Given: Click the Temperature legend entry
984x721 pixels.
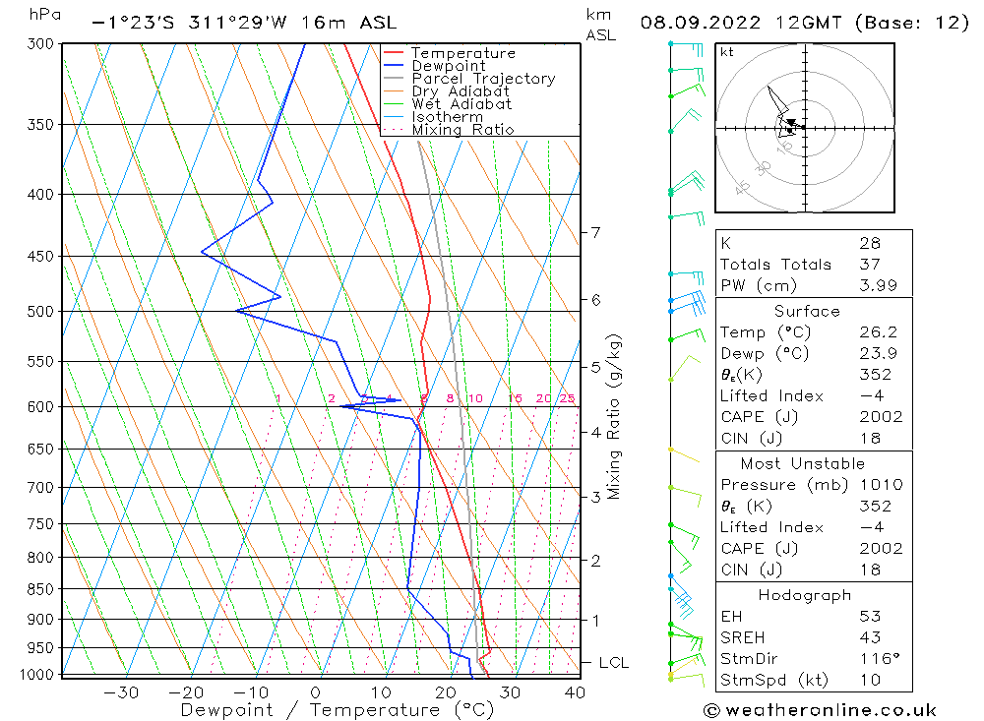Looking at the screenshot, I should (462, 53).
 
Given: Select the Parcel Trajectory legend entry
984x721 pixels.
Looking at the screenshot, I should (483, 79).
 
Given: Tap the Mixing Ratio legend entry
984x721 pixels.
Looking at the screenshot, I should (462, 130).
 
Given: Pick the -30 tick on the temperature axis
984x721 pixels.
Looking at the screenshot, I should (120, 692).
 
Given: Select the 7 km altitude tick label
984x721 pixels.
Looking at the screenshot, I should (595, 232).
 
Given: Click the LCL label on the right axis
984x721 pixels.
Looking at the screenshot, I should (613, 663).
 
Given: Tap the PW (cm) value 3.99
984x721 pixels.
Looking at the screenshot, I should (877, 285).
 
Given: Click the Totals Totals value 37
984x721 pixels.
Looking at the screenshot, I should (869, 265).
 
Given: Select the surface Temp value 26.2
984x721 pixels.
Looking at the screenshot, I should (877, 332).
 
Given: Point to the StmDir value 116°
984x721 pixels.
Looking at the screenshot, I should (877, 659).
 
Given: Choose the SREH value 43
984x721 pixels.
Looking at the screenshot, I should (869, 637).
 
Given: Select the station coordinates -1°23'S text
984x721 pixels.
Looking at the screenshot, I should (132, 23).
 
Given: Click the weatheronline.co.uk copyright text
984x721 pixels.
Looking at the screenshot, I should (820, 709).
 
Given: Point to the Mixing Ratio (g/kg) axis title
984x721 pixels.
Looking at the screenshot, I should (615, 417).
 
